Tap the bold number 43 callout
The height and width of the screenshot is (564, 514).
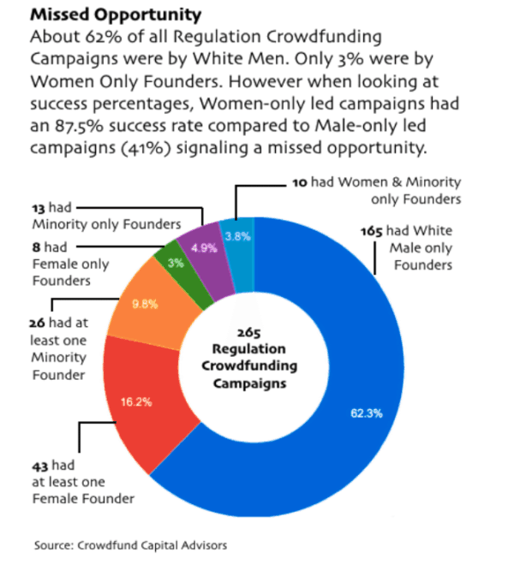[x=39, y=465]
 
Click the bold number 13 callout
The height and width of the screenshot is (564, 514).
[x=38, y=208]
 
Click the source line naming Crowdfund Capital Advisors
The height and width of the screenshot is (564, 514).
[x=131, y=544]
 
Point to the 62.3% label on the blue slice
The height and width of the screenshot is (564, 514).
[x=366, y=413]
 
